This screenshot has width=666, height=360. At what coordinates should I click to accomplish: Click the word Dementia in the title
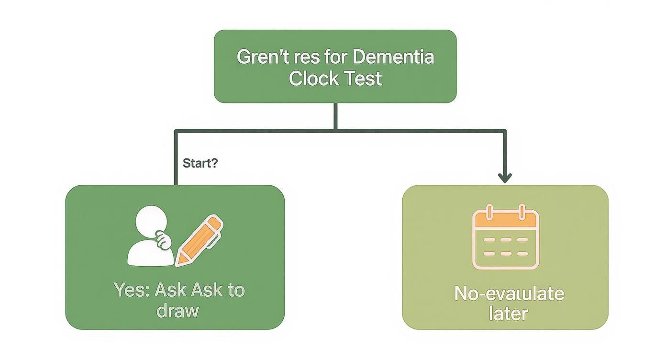[x=393, y=57]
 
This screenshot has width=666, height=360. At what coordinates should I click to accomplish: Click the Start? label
[x=200, y=163]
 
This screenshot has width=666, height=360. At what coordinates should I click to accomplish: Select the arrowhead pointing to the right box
[x=505, y=178]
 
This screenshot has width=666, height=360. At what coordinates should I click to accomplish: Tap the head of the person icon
[x=152, y=221]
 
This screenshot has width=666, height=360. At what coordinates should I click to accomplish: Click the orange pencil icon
[x=200, y=239]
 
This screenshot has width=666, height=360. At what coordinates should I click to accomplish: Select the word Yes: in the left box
[x=129, y=290]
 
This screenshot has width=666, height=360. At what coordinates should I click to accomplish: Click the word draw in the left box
[x=177, y=311]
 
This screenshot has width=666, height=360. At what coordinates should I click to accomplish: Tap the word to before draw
[x=236, y=290]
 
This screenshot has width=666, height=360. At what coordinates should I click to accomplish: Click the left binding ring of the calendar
[x=488, y=211]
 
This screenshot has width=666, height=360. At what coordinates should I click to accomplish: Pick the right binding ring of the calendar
[x=522, y=211]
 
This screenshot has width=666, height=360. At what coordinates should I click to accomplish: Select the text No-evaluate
[x=509, y=293]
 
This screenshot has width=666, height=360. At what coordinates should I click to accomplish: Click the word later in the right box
[x=508, y=314]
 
